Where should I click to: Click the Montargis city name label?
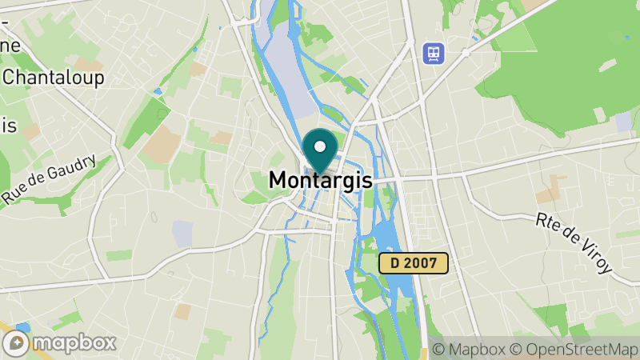coord(321,180)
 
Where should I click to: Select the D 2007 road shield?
coord(413,264)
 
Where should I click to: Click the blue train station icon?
coord(433,53)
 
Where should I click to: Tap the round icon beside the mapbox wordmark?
coord(17,343)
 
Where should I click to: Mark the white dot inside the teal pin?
coord(320,146)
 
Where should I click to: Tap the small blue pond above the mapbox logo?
coord(22,327)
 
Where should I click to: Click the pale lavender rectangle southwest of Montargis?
coord(182,234)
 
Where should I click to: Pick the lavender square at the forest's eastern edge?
coord(623,122)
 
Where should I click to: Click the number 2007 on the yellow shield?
coord(421,264)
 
